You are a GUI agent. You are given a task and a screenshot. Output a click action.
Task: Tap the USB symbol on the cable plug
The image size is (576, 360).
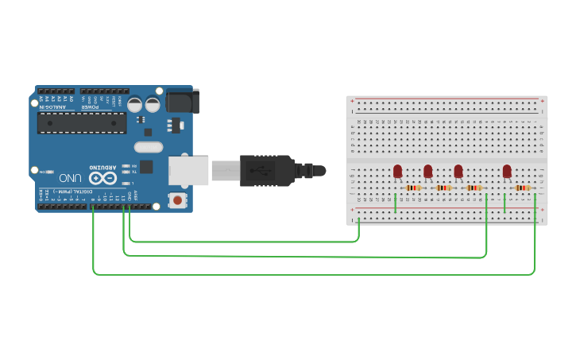tap(257, 170)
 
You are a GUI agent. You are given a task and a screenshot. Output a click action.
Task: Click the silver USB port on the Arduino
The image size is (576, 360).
tap(188, 169)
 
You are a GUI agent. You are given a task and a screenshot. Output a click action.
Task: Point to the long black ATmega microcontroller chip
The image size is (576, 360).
tap(82, 122)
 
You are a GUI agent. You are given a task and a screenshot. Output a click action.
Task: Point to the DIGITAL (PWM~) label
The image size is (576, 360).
tap(70, 192)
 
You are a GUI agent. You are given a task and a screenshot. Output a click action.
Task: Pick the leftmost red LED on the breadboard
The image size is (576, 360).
tap(397, 171)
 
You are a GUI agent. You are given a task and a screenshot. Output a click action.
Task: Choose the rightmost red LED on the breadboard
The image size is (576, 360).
tap(507, 171)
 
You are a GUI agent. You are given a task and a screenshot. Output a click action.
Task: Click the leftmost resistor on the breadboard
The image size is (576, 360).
tap(413, 188)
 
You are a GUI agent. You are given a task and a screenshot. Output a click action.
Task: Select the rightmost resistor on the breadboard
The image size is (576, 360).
tap(523, 188)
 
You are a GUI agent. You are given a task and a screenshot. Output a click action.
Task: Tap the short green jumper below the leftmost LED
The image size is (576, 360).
tap(395, 203)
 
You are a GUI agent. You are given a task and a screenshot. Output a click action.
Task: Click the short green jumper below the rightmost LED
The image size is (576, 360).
tap(504, 203)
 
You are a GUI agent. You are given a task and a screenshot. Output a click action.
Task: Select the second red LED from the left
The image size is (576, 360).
tap(427, 171)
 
